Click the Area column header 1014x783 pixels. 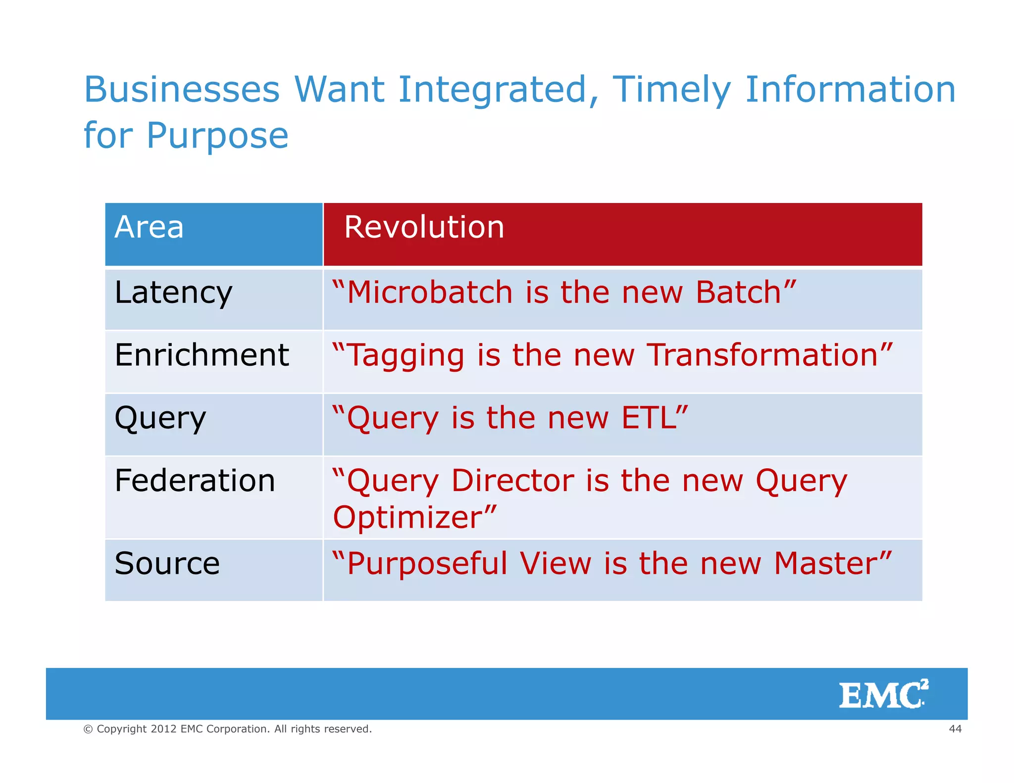tap(149, 228)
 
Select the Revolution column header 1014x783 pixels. tap(424, 228)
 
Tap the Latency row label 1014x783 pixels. tap(173, 293)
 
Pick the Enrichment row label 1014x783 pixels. tap(202, 355)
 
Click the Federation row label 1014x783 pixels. tap(195, 481)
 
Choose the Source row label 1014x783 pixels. tap(167, 564)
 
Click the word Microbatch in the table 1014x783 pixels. tap(429, 292)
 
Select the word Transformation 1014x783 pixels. tap(762, 355)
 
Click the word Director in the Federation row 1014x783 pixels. tap(512, 481)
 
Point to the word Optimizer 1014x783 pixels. tap(407, 518)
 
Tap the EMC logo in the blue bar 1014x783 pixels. tap(883, 694)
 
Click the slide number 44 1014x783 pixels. tap(955, 729)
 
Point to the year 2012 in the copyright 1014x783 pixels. tap(163, 729)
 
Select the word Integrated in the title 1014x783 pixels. tap(493, 90)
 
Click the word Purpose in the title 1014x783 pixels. tap(217, 136)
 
